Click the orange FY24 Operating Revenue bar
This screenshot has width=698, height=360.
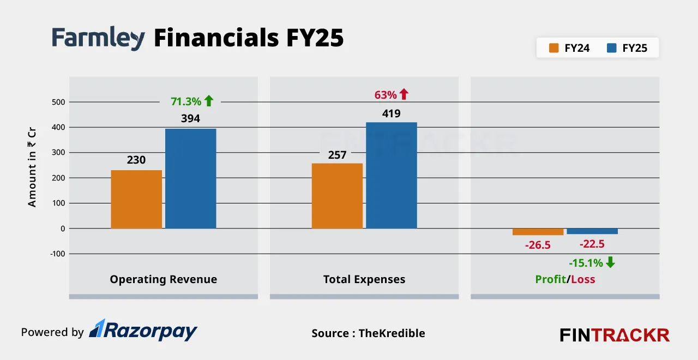[x=136, y=199]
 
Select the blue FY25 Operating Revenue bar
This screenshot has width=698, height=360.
[x=190, y=178]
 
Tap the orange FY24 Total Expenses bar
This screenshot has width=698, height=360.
[x=337, y=196]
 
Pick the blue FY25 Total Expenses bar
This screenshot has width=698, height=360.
[x=391, y=175]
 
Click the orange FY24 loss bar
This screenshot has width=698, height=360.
[x=538, y=232]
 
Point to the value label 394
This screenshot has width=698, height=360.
[x=190, y=118]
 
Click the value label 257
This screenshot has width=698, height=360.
[x=337, y=155]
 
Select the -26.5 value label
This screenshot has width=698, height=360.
[x=538, y=245]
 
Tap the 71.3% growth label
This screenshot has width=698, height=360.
[x=185, y=101]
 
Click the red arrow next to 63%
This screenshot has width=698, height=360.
[x=404, y=94]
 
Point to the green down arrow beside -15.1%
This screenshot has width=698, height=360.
[x=610, y=262]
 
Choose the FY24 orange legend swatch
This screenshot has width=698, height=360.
[x=554, y=48]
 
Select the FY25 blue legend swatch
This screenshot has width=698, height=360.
[x=611, y=48]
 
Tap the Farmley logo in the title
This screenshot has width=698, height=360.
[x=98, y=39]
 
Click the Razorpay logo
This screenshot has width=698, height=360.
[x=143, y=331]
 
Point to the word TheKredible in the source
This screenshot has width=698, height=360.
[x=392, y=333]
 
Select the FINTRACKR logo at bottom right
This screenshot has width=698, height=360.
[x=615, y=334]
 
